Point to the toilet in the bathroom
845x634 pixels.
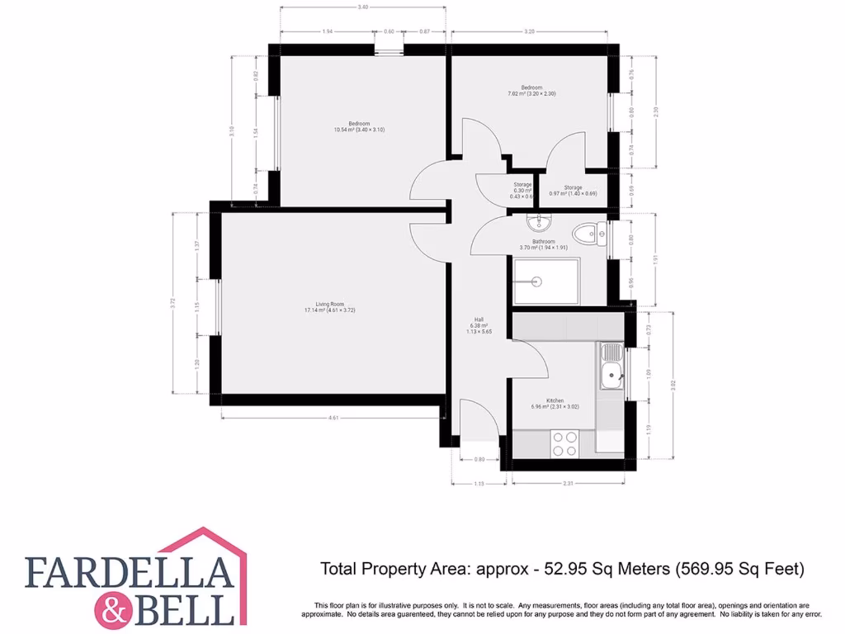click(588, 234)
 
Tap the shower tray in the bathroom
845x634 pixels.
click(545, 282)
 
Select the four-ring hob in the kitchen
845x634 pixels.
click(564, 443)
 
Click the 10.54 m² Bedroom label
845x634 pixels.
click(359, 126)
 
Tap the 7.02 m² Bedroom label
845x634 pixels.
click(531, 91)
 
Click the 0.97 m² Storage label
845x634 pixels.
click(573, 191)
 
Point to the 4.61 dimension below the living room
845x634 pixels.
click(333, 418)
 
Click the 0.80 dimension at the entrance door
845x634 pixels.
click(479, 459)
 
